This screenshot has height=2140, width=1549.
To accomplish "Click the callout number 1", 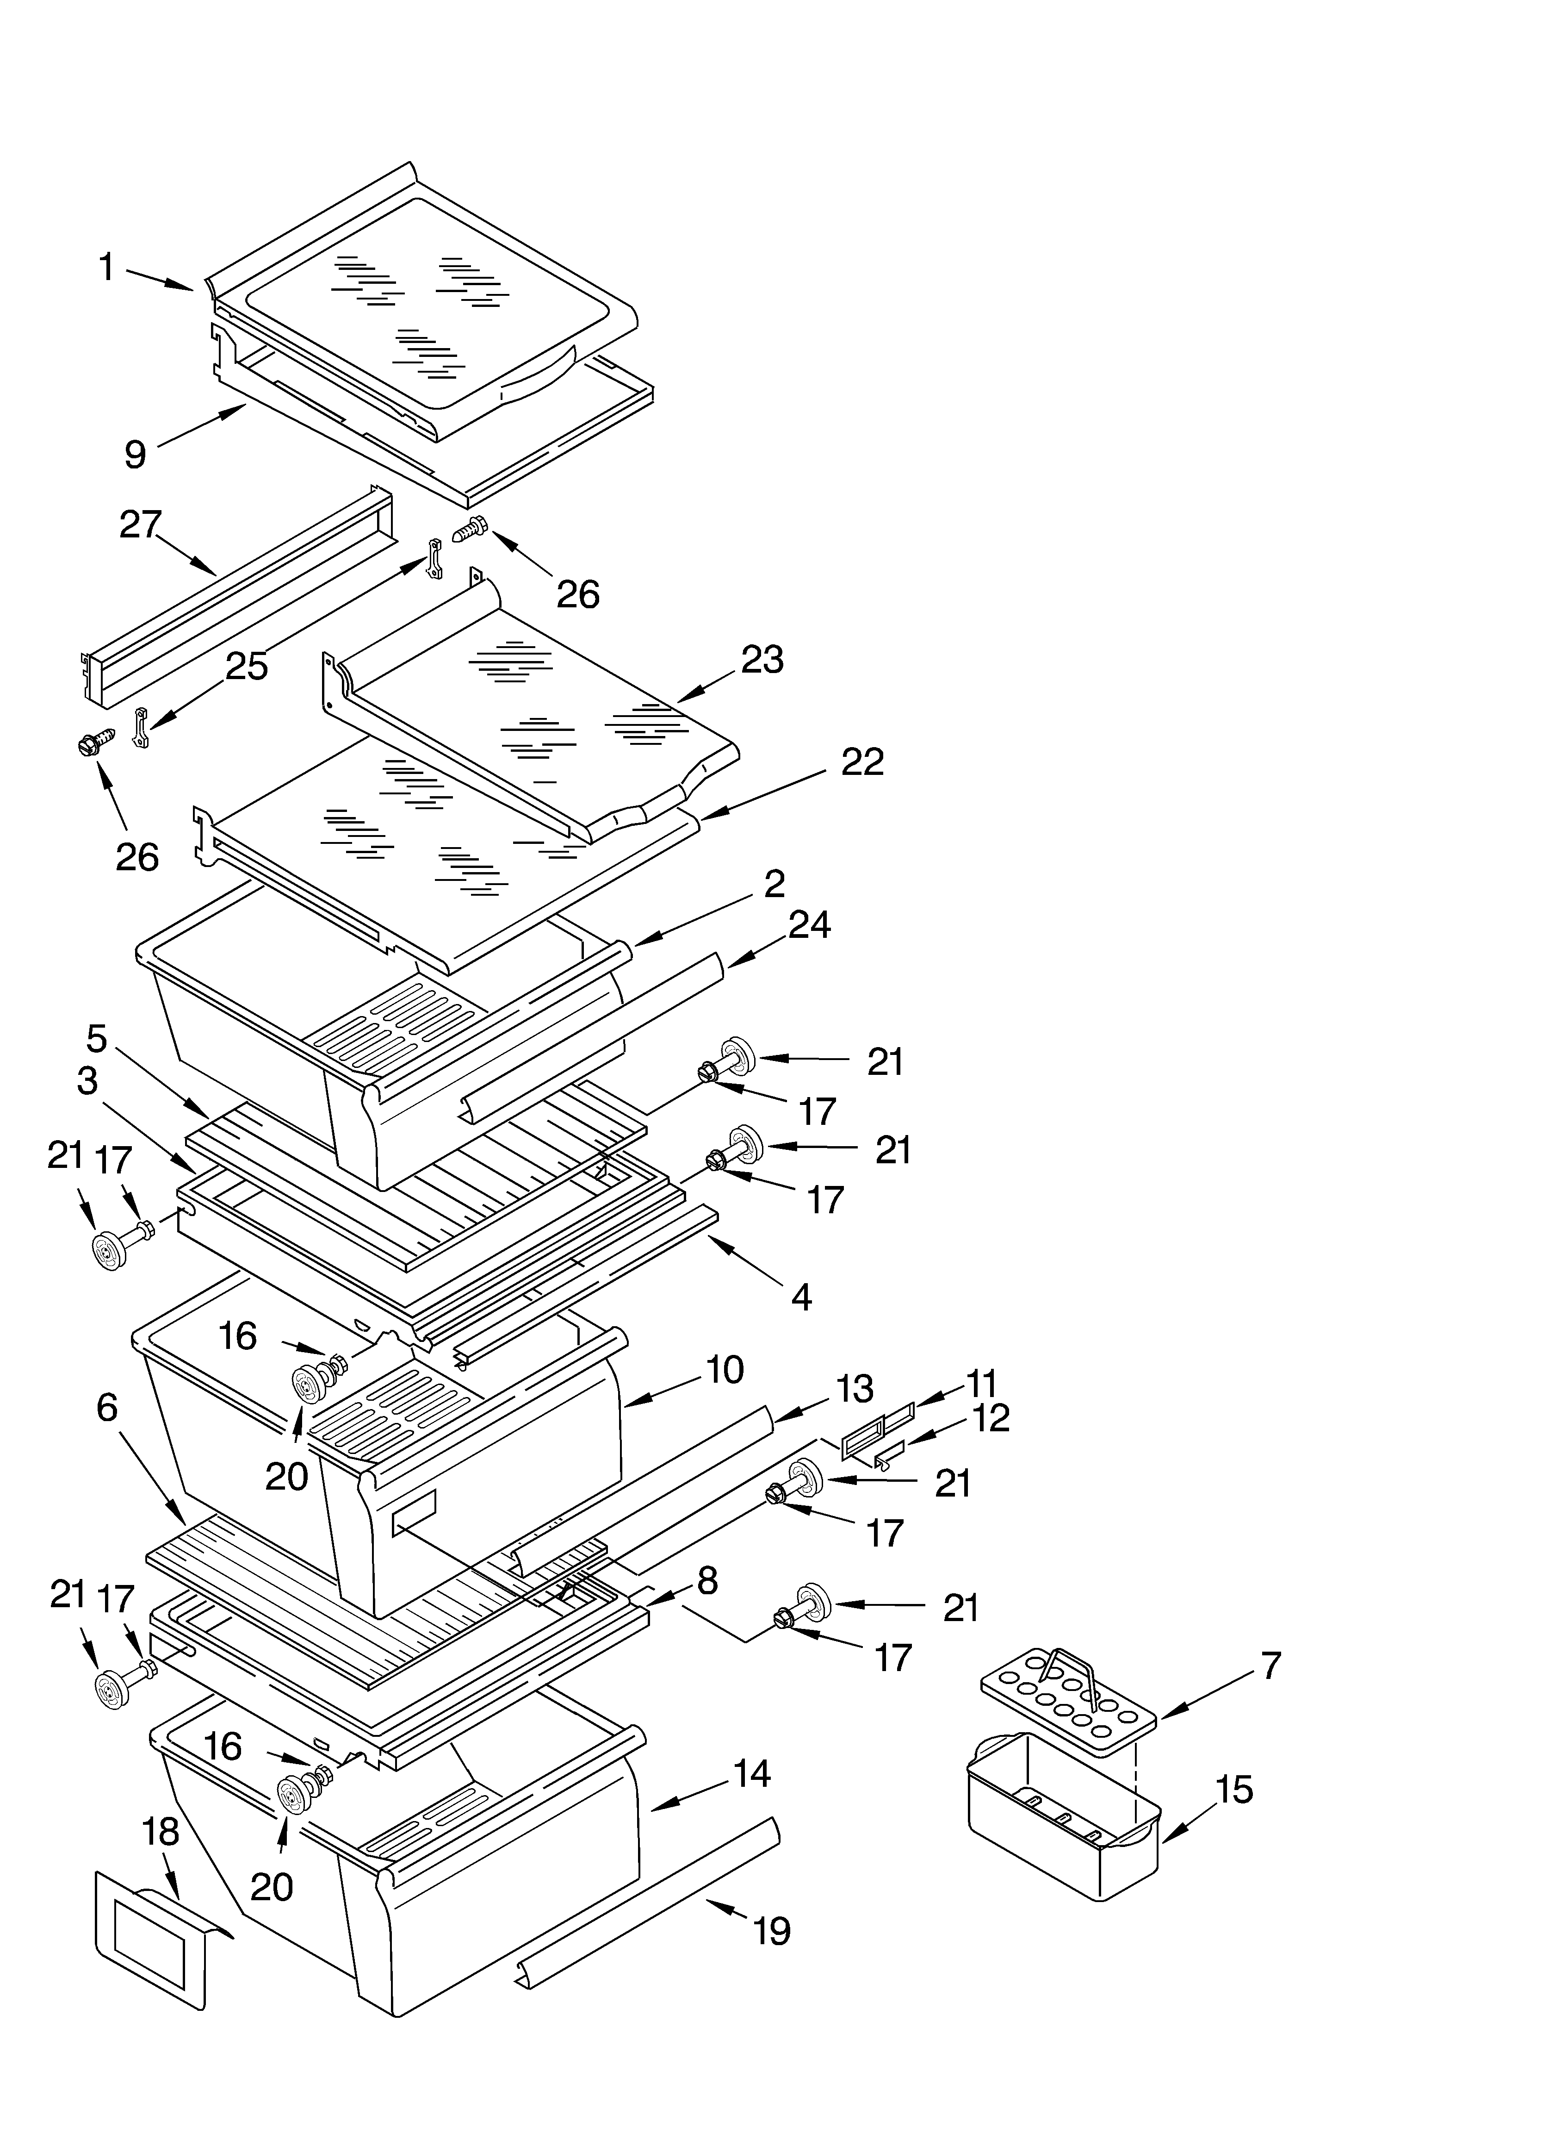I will [x=106, y=268].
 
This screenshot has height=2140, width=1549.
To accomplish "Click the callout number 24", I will [x=809, y=925].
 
